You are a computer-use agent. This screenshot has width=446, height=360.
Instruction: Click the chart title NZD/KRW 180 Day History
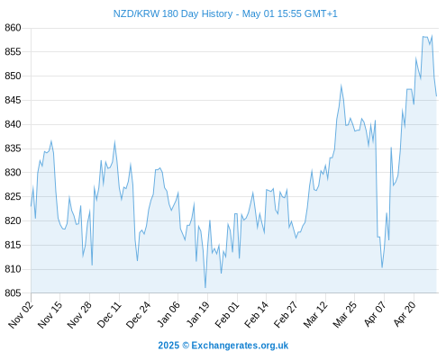point(173,13)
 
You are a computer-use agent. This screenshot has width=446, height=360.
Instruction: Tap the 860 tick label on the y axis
point(13,28)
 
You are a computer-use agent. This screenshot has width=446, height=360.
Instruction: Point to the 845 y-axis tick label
point(13,100)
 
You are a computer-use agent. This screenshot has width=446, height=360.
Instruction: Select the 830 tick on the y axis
point(13,173)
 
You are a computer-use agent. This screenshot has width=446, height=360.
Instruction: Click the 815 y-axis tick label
point(13,245)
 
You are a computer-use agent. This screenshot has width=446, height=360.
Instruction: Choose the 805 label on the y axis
point(13,292)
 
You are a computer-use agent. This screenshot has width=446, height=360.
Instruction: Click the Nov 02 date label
point(21,315)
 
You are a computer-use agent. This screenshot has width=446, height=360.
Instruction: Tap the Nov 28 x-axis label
point(79,315)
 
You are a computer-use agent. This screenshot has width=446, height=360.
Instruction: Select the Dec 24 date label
point(138,315)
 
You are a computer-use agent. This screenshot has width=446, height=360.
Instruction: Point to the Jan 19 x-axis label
point(197,315)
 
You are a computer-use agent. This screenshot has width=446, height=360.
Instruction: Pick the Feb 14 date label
point(256,315)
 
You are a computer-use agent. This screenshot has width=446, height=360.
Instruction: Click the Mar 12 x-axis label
point(315,315)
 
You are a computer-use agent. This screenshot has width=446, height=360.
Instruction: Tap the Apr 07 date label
point(375,315)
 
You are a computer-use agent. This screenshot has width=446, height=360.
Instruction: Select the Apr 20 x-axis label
point(405,315)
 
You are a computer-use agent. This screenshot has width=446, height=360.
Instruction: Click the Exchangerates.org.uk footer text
point(240,346)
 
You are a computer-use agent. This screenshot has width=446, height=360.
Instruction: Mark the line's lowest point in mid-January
point(205,288)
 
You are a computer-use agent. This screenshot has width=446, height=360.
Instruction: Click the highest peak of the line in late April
point(432,35)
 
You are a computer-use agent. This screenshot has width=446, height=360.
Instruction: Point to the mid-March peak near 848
point(341,85)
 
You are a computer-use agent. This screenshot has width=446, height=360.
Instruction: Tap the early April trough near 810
point(382,267)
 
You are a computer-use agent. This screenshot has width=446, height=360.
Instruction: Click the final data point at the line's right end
point(436,96)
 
